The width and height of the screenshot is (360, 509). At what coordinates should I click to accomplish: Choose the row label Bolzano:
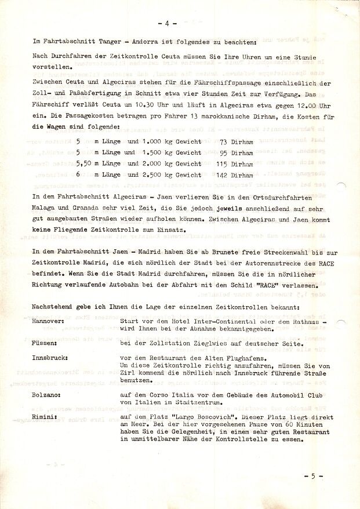click(x=48, y=393)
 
